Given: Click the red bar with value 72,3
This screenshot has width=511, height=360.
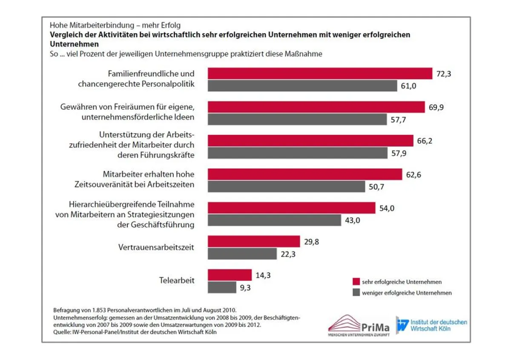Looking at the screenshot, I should [320, 73].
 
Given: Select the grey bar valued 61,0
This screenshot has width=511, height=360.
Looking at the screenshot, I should [302, 86].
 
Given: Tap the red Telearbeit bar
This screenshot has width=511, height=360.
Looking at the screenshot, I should [230, 275].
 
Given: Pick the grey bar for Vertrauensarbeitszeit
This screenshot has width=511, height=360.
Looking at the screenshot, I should [242, 254].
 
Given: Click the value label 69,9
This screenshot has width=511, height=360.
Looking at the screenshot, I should [436, 107].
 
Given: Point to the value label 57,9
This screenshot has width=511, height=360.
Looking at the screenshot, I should [399, 153].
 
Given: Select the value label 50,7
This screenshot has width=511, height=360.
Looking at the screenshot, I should [376, 187].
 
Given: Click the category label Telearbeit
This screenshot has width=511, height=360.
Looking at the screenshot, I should [177, 280].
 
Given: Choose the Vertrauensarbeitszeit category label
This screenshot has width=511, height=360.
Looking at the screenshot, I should [156, 247].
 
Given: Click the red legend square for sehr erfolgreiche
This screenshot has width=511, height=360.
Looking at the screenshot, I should [356, 282].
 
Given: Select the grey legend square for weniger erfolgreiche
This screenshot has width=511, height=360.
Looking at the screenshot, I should [356, 293].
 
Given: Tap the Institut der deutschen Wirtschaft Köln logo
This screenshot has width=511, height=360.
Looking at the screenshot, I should [431, 326].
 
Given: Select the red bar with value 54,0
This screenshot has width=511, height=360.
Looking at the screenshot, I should [291, 208].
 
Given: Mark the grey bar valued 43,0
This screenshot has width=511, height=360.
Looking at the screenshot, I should [274, 220].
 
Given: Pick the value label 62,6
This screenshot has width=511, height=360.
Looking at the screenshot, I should [413, 174].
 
